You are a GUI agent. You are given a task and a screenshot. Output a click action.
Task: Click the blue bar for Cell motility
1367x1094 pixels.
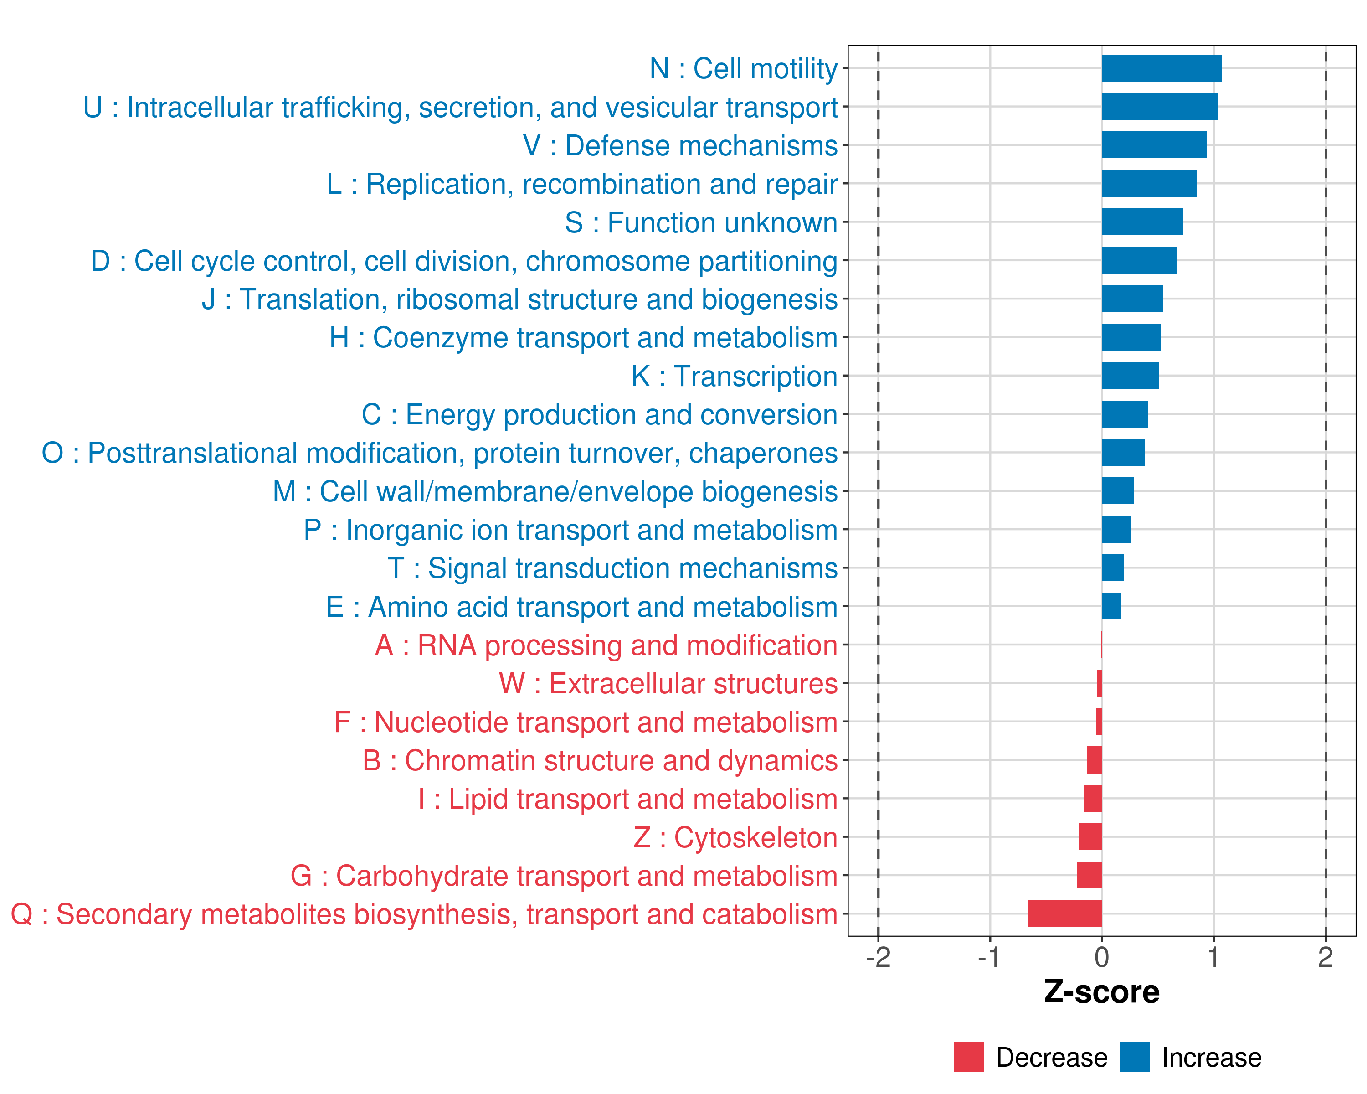point(1161,68)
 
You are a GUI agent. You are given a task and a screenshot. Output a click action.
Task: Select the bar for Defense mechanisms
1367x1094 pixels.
point(1154,145)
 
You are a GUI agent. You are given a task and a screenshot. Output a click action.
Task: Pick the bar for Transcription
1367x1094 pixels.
point(1130,376)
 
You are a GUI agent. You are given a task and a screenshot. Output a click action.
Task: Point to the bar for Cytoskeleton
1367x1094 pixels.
point(1090,837)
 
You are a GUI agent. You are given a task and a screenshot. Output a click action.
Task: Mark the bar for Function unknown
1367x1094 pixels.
point(1142,222)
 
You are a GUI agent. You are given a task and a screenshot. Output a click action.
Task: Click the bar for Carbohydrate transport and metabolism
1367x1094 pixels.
point(1089,875)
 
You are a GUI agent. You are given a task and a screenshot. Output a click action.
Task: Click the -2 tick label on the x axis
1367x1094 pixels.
point(878,958)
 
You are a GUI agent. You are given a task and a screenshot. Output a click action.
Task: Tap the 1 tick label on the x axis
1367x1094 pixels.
point(1213,958)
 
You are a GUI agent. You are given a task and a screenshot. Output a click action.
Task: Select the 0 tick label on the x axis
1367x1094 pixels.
point(1102,958)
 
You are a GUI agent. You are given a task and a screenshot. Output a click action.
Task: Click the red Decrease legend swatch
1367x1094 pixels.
point(968,1057)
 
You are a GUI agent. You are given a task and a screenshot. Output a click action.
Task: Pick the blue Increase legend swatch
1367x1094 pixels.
point(1134,1057)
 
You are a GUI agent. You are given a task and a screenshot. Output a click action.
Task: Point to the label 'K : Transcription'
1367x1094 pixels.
point(734,376)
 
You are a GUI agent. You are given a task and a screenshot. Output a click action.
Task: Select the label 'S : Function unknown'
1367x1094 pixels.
point(701,222)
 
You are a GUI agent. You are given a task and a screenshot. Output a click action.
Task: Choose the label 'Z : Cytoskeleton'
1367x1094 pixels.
point(735,838)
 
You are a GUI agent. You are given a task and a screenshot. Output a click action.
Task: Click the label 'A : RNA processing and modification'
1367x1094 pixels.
point(606,645)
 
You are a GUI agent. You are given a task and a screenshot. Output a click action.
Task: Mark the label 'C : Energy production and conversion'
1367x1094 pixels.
point(599,415)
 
